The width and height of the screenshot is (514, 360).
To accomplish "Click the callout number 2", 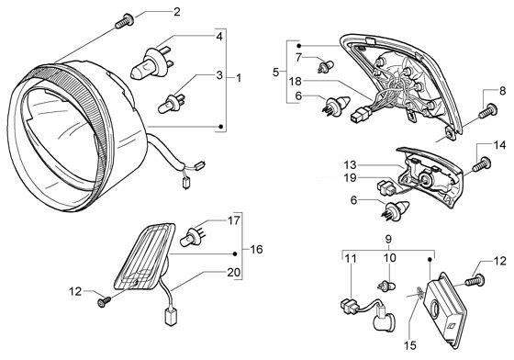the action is (x=176, y=12).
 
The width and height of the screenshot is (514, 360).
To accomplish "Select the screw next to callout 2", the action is (x=125, y=20).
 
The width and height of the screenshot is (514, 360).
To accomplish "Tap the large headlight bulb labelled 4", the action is (x=151, y=63).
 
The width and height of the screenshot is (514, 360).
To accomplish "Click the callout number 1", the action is (x=239, y=78).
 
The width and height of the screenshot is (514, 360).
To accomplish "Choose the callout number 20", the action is (x=233, y=272).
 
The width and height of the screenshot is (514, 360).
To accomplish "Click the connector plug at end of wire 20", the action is (x=171, y=317).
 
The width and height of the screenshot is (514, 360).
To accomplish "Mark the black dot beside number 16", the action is (x=235, y=253).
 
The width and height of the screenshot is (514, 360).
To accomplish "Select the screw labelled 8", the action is (x=488, y=110).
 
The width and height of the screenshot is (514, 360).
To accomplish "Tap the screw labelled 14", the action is (x=482, y=163).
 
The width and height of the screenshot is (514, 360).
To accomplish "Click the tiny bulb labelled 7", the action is (x=325, y=65).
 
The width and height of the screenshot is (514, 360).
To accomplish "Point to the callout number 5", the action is (x=276, y=72).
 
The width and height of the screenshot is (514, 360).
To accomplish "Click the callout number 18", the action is (x=295, y=81).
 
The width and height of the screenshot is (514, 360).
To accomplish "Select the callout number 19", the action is (x=350, y=178).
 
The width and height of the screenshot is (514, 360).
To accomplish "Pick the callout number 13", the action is (x=350, y=164).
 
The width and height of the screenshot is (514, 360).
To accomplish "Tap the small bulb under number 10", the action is (x=386, y=286).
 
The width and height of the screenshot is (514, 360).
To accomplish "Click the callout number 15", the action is (x=410, y=344).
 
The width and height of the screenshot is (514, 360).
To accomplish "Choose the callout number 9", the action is (x=388, y=240).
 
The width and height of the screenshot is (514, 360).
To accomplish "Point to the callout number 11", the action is (x=351, y=259).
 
